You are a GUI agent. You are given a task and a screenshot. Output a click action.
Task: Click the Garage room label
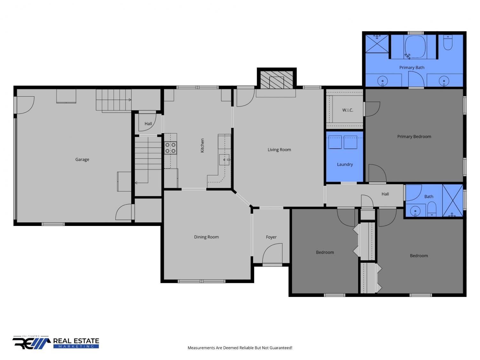point(82,160)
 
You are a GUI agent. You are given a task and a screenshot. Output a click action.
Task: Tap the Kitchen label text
point(202,145)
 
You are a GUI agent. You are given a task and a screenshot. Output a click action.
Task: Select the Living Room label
point(279,150)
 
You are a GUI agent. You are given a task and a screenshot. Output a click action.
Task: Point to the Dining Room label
point(206,237)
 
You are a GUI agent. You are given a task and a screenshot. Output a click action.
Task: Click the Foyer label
point(271,237)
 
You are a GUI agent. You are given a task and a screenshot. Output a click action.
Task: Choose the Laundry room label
point(345,164)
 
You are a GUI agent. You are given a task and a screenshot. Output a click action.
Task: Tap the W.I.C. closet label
point(348,110)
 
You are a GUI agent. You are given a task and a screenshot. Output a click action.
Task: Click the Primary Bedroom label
point(414,137)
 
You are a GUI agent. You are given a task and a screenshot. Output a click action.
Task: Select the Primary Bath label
point(412,68)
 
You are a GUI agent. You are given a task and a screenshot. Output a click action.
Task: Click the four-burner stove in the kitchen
point(171,148)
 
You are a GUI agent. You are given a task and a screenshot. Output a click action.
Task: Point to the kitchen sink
point(225,160)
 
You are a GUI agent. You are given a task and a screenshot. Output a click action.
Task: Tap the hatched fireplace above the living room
point(276,80)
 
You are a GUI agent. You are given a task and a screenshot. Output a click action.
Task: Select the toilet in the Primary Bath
point(448,43)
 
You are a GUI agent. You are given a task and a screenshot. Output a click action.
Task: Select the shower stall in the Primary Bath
point(377,44)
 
